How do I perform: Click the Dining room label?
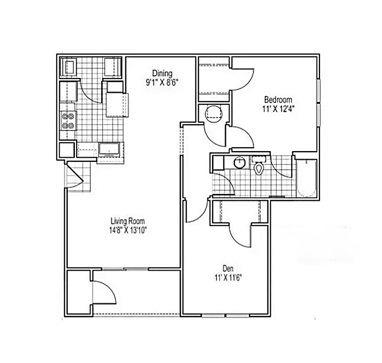(x=162, y=74)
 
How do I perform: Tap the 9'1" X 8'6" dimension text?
(x=162, y=83)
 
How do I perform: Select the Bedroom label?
(x=278, y=100)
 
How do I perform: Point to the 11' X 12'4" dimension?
(x=278, y=109)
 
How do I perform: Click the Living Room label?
(x=128, y=221)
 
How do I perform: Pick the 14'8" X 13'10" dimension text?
(x=128, y=230)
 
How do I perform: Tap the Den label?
(x=228, y=268)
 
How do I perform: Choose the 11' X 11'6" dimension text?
(x=228, y=278)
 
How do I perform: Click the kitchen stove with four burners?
(x=68, y=121)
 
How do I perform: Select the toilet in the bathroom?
(x=259, y=165)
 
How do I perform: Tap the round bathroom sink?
(x=240, y=162)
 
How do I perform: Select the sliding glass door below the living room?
(x=125, y=269)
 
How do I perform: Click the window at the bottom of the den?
(x=226, y=316)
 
